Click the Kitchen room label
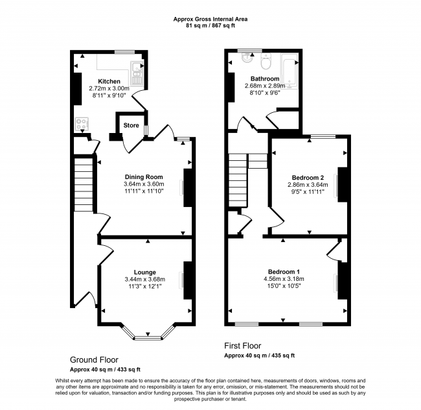109,82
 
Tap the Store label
131,125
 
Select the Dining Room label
144,177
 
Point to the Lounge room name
145,272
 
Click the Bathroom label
265,78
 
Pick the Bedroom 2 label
308,178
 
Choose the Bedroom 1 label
284,272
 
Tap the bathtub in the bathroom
290,71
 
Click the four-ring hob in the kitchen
82,124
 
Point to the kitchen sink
137,72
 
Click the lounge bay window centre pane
148,337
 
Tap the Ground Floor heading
94,360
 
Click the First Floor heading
243,346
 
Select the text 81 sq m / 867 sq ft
210,26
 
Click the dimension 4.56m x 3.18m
284,279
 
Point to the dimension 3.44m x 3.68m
145,280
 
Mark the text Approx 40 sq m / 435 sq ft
259,356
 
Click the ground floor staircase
84,185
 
